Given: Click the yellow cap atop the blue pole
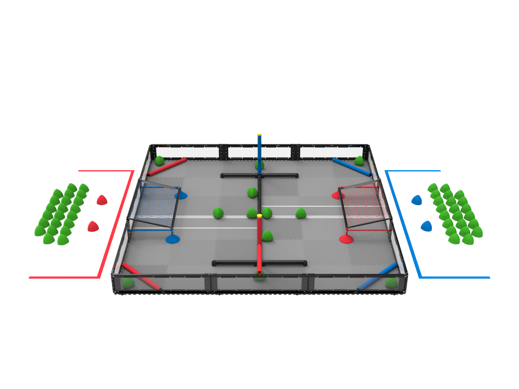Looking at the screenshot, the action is click(x=259, y=135).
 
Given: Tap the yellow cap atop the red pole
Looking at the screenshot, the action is click(x=259, y=216).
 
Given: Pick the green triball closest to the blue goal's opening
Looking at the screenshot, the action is click(x=218, y=213).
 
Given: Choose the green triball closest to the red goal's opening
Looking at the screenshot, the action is click(x=301, y=213).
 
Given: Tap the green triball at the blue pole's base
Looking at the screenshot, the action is click(x=259, y=165).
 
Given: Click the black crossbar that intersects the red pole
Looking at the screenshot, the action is click(x=238, y=263).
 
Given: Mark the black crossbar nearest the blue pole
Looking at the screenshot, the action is click(x=238, y=176).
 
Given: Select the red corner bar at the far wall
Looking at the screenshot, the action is click(x=168, y=167).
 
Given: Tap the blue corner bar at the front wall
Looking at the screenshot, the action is click(x=378, y=277).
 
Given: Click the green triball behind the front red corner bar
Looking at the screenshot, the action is click(x=128, y=283).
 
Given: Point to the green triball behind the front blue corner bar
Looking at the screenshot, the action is click(x=391, y=283).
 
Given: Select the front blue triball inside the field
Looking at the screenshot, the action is click(x=172, y=239).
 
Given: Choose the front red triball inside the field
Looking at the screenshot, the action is click(x=346, y=239).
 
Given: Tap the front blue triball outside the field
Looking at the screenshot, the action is click(x=426, y=226).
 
